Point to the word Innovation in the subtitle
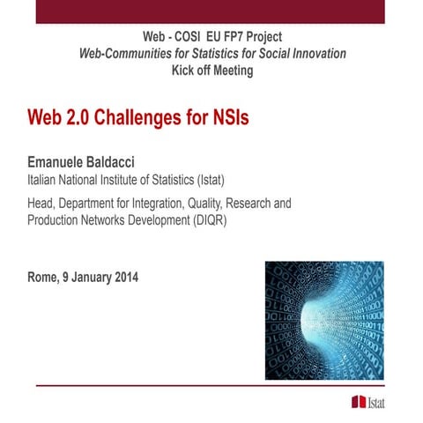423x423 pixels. pos(316,54)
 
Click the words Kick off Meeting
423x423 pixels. pos(211,70)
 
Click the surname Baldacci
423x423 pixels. pos(121,162)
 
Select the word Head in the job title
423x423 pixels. pos(43,204)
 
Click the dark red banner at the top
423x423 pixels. pos(211,11)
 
